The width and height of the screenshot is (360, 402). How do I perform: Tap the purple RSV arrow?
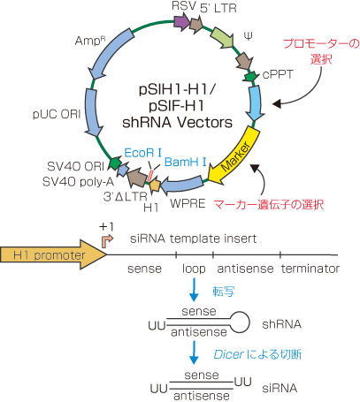(x=181, y=23)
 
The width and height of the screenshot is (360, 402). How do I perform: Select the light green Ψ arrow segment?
(x=222, y=38)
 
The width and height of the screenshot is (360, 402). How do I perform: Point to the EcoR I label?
(x=143, y=153)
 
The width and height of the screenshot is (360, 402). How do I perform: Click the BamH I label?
(x=185, y=162)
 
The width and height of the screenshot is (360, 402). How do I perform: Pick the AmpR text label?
(x=90, y=41)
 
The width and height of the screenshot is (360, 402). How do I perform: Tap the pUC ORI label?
(x=57, y=114)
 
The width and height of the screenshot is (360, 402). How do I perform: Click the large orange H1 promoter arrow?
(x=53, y=254)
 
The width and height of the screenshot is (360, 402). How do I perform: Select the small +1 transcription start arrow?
(x=107, y=241)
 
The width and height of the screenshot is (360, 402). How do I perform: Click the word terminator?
(x=310, y=269)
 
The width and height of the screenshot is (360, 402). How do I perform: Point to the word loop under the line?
(x=194, y=269)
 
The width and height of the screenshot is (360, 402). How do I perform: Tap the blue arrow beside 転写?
(x=194, y=290)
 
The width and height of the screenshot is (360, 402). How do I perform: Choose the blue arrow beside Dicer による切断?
(x=194, y=353)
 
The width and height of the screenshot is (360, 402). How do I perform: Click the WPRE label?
(x=188, y=203)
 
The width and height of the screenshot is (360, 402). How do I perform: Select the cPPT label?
(x=278, y=75)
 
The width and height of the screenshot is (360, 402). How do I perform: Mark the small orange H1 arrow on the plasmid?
(x=155, y=186)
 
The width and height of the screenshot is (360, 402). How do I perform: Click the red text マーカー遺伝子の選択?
(x=269, y=204)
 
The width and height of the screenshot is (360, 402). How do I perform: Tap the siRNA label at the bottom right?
(x=280, y=388)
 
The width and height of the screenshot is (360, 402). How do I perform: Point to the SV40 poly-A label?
(x=78, y=182)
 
